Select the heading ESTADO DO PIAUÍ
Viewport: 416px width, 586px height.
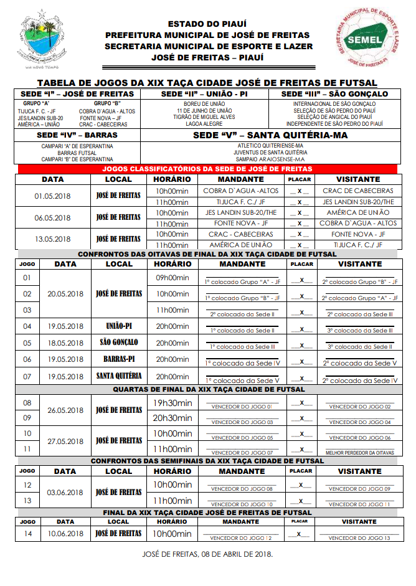point(208,24)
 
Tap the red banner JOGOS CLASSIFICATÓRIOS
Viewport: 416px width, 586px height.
point(207,169)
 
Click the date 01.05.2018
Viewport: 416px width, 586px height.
point(53,196)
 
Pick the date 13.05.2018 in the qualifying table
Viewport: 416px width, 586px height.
point(53,239)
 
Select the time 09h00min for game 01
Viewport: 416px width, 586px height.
point(172,278)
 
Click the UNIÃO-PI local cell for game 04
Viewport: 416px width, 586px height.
point(119,326)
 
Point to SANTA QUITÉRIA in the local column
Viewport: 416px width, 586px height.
point(119,376)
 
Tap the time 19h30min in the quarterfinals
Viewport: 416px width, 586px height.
point(173,403)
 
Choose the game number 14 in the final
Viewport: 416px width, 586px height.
point(27,534)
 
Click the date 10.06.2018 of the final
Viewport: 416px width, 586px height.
point(65,534)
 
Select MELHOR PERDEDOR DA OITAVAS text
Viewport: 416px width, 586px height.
point(359,453)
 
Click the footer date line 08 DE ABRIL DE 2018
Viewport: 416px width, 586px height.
point(207,554)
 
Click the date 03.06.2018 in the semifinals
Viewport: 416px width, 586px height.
point(65,493)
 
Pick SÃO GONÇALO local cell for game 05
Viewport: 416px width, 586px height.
point(119,343)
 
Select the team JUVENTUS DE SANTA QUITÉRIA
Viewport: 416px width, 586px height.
point(270,152)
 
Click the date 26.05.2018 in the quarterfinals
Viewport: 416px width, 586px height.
point(65,410)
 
